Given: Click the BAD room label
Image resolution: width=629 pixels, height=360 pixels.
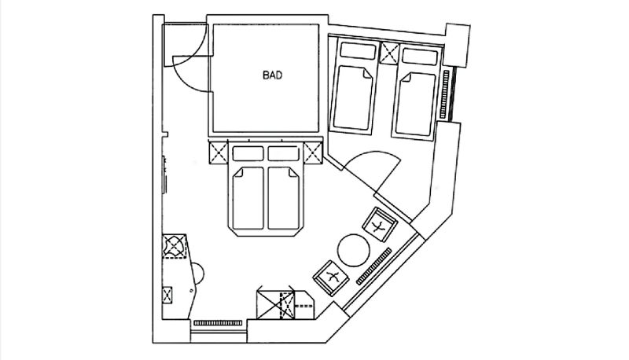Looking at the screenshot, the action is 272,75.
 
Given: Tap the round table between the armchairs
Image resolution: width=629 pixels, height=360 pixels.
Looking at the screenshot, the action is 353,250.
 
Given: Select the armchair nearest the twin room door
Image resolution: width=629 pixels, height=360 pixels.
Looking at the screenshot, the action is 380,224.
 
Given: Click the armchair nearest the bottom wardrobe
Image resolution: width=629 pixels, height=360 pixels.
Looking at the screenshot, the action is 331,277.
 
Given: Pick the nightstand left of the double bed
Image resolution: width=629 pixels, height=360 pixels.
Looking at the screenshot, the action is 219,152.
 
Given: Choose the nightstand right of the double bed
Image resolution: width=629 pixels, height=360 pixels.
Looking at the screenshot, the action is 313,152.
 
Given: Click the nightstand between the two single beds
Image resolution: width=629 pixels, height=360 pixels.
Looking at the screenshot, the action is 389,53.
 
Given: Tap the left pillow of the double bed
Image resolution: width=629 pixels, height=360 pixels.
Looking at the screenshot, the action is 248,153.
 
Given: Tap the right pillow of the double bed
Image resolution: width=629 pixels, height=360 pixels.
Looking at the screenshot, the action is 284,153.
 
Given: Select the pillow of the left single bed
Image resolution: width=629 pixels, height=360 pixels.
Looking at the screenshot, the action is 358,50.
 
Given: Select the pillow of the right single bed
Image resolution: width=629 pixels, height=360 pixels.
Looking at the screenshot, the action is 420,57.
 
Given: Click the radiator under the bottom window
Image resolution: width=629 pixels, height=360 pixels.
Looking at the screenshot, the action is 218,323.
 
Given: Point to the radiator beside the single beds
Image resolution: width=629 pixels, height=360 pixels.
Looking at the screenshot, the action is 444,94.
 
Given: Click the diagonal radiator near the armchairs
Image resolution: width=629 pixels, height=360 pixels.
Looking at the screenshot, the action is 374,266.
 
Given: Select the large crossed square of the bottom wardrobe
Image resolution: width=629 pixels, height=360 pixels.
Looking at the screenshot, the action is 276,305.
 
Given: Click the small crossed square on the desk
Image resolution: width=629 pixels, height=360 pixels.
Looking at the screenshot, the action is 167,295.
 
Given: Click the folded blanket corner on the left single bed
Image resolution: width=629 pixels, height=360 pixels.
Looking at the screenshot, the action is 366,74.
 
